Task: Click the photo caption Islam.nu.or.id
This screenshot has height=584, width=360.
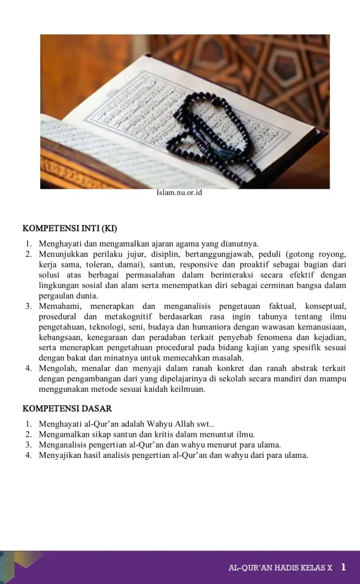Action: [x=179, y=192]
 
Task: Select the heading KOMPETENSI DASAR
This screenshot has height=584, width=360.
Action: [x=67, y=409]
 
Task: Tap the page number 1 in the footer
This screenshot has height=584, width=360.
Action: [x=344, y=567]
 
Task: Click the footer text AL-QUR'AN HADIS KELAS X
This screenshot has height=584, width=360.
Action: [x=281, y=568]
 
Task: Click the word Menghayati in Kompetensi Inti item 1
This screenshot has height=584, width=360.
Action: [x=59, y=244]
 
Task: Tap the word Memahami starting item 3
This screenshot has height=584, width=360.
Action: [x=58, y=306]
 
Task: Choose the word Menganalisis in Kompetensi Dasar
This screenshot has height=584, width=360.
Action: [x=64, y=444]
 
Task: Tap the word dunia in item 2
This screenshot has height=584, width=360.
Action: [x=81, y=296]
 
